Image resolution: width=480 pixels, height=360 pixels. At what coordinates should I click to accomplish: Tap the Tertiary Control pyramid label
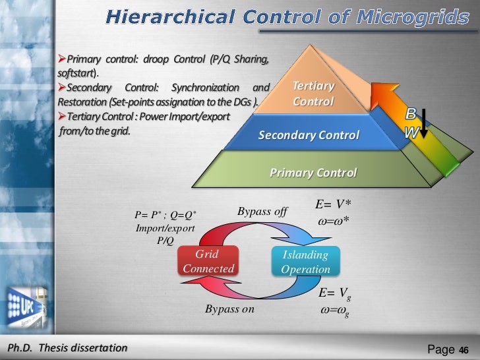(313, 94)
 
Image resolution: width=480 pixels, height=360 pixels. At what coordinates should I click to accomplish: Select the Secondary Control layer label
(309, 136)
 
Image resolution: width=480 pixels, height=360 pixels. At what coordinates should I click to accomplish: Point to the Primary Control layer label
(313, 173)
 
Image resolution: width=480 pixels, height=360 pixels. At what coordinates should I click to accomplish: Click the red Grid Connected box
(208, 262)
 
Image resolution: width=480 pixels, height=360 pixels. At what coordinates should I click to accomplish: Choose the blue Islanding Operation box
(305, 262)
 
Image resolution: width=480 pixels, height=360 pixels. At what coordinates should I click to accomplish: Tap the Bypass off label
(262, 212)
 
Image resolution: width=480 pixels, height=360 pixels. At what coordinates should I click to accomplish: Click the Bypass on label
(229, 308)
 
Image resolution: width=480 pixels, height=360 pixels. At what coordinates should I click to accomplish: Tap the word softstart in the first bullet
(72, 73)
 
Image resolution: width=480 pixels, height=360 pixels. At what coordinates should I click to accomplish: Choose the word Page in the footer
(442, 349)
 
